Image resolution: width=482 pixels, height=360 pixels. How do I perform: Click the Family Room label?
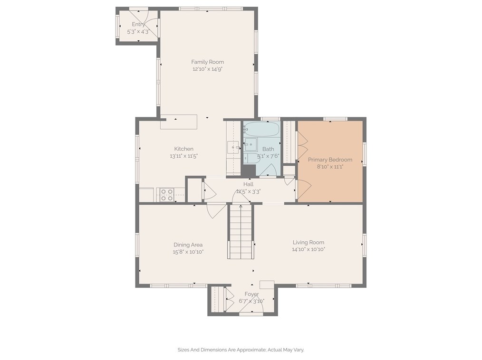[208, 62]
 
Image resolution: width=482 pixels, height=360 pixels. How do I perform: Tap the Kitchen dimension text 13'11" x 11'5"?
[184, 156]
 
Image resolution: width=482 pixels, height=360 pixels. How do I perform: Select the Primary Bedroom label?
[330, 160]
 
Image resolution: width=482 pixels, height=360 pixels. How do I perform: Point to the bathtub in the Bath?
[262, 129]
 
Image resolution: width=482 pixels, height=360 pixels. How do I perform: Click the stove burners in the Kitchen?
[167, 195]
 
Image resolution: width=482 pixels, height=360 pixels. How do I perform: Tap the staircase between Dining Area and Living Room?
[241, 232]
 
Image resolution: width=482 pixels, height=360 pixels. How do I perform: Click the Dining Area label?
[188, 245]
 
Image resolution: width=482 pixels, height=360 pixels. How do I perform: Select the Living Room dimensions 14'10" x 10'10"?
[308, 249]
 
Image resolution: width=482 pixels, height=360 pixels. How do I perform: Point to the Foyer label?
[252, 294]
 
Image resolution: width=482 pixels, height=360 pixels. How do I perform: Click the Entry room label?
[138, 24]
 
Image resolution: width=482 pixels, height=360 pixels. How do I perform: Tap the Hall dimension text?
[249, 192]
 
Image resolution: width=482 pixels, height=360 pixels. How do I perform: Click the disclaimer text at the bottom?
[241, 350]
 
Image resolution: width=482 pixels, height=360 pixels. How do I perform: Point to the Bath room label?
[268, 149]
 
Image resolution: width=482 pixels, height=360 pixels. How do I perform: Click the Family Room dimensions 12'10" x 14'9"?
[208, 69]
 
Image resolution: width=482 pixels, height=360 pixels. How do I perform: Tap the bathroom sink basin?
[251, 144]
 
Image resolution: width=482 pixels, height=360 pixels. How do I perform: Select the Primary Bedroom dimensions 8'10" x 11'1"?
[330, 167]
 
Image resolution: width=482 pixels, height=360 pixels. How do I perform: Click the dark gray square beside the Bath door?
[249, 171]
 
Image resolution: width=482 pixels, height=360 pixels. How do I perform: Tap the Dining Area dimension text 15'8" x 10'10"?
[188, 252]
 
